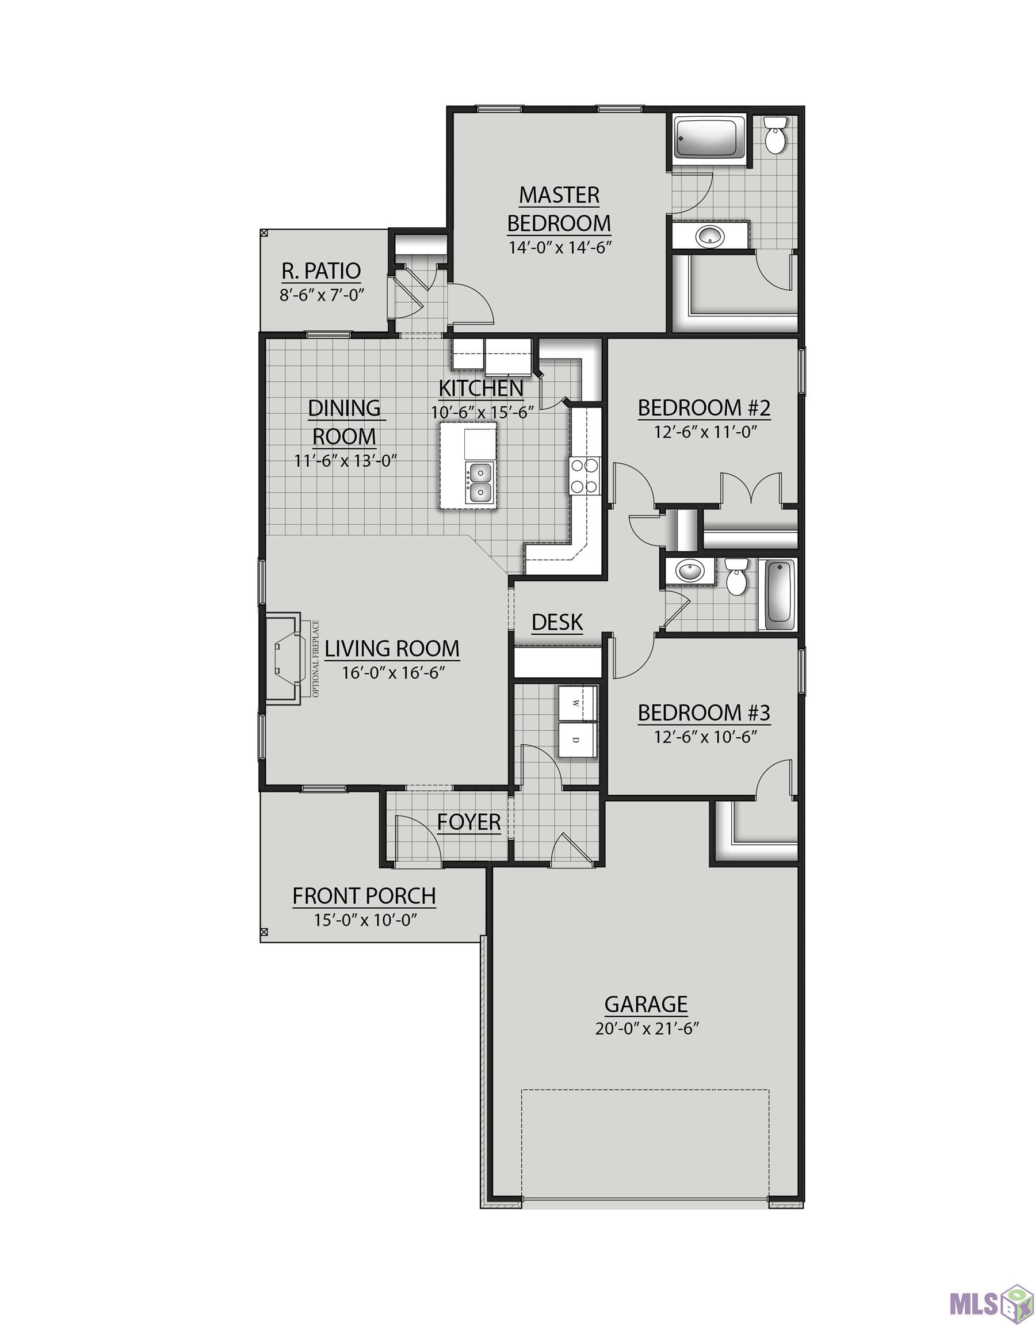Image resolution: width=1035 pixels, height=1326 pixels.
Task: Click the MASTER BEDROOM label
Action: [x=559, y=209]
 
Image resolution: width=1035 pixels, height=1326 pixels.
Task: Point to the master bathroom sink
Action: [x=709, y=235]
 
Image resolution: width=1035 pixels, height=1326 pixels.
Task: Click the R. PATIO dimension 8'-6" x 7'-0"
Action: [x=321, y=296]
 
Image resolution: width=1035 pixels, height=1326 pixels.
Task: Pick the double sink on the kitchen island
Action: [x=480, y=482]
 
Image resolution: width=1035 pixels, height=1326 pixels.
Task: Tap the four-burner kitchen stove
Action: [x=584, y=475]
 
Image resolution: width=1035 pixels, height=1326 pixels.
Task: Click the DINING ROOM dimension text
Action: [x=345, y=460]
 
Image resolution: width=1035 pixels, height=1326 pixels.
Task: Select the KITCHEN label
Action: [x=481, y=387]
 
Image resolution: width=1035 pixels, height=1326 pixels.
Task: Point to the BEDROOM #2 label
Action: [x=704, y=407]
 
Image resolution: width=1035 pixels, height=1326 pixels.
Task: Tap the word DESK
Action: [x=557, y=622]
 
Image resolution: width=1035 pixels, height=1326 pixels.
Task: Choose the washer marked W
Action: [x=577, y=703]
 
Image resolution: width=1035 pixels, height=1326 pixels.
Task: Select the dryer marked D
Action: [x=577, y=740]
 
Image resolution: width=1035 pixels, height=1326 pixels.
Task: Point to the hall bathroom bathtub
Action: [x=778, y=595]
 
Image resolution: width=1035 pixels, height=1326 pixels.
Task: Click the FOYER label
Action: [x=469, y=822]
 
